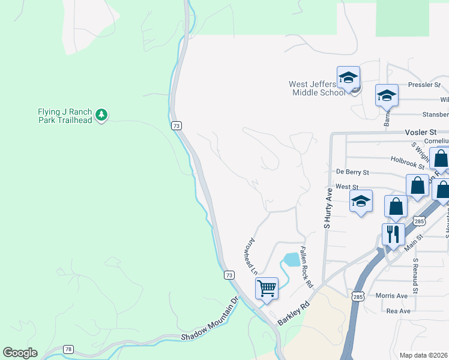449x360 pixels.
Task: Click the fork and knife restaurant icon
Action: click(x=393, y=234)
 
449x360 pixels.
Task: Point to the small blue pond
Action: click(x=291, y=259)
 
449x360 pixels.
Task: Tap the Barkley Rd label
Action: click(x=294, y=313)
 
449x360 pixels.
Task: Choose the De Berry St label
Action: click(x=352, y=172)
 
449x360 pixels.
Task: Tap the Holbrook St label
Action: click(x=408, y=160)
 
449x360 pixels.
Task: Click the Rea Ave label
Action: click(x=398, y=311)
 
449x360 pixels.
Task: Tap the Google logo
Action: click(x=20, y=353)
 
